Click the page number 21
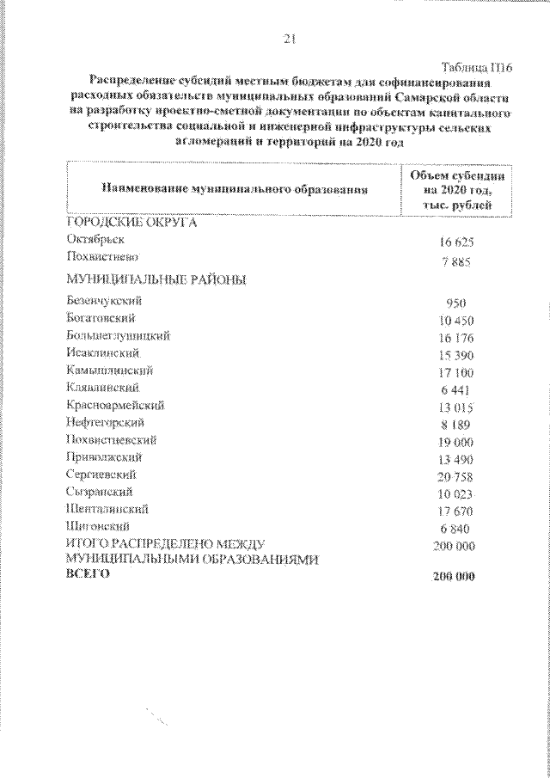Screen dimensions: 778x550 point(289,39)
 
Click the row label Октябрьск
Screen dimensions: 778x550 point(93,240)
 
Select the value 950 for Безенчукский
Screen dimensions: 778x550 point(456,304)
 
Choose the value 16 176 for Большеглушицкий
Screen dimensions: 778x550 point(456,339)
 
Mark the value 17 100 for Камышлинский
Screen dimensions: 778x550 point(456,373)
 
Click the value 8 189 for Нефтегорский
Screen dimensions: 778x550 point(456,425)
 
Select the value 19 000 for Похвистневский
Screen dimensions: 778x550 point(456,442)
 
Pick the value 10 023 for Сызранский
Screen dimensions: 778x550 point(456,494)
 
